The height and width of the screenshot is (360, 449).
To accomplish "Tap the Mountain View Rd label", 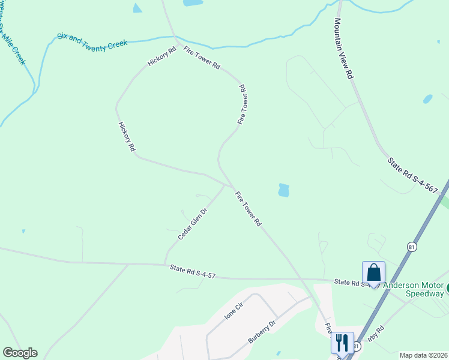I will coord(343,49).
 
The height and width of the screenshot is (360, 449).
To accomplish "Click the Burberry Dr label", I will coord(261,331).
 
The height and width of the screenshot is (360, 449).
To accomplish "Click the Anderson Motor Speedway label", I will coord(417,290).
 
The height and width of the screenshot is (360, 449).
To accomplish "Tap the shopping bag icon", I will coord(373,273).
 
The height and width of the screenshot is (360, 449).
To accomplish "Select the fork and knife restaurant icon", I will coord(342,343).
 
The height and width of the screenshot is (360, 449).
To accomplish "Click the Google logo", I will coord(20,353).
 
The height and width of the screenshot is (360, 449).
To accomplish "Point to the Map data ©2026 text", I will coord(423,355).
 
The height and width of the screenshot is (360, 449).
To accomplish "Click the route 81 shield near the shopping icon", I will coord(411,247).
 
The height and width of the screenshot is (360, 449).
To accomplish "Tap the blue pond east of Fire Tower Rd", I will coord(283,190).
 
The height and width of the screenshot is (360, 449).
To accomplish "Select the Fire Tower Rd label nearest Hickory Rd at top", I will coord(202,57).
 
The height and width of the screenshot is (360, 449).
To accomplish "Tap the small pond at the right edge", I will coord(427,98).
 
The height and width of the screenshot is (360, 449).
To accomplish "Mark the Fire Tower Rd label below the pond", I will coord(248,208).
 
